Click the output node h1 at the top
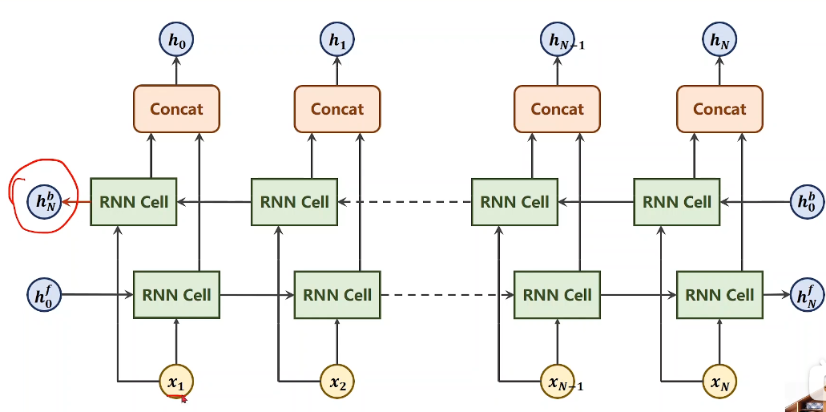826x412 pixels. (336, 38)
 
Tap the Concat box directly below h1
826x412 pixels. (336, 109)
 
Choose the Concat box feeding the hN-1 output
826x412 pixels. (557, 109)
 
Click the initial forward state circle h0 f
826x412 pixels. (42, 295)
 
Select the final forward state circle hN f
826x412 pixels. (806, 295)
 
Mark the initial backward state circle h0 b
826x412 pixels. (806, 201)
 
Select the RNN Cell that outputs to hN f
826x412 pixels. (719, 295)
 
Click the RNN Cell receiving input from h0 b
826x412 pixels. (677, 201)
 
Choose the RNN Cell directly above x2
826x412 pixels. (337, 295)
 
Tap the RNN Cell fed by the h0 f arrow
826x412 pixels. (176, 295)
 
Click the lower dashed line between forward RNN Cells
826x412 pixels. (446, 295)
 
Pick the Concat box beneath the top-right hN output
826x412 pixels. (719, 109)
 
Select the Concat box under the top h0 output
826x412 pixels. (176, 109)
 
